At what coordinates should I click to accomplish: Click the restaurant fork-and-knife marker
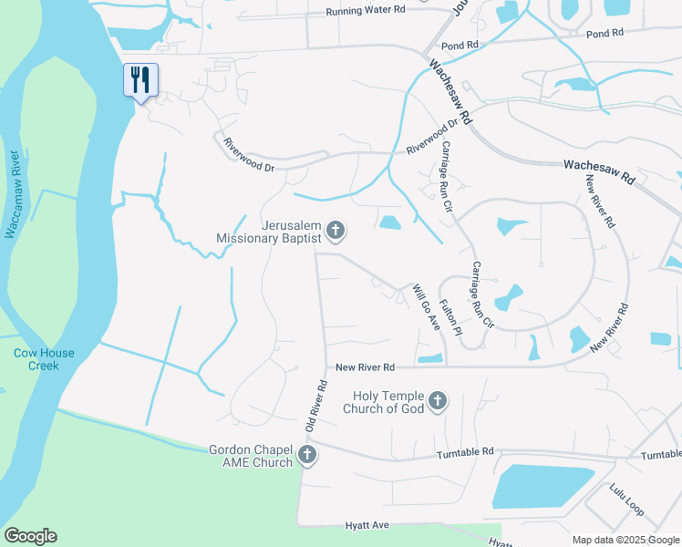click(x=140, y=79)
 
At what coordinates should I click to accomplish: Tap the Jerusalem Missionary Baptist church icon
click(x=336, y=231)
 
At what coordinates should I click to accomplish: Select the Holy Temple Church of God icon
click(x=438, y=400)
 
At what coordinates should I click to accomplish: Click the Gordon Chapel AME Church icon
click(x=308, y=455)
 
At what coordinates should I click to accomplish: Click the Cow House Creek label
click(x=44, y=359)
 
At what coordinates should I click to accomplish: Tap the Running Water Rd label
click(x=365, y=11)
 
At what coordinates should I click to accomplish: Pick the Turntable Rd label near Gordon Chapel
click(x=464, y=452)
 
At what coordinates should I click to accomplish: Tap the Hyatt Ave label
click(x=367, y=525)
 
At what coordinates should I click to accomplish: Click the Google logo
click(x=30, y=536)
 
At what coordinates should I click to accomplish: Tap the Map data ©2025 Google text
click(x=625, y=540)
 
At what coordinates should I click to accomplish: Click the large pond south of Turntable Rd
click(x=542, y=486)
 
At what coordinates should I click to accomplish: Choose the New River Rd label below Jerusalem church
click(x=365, y=367)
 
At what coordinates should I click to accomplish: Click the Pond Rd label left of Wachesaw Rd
click(x=459, y=45)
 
